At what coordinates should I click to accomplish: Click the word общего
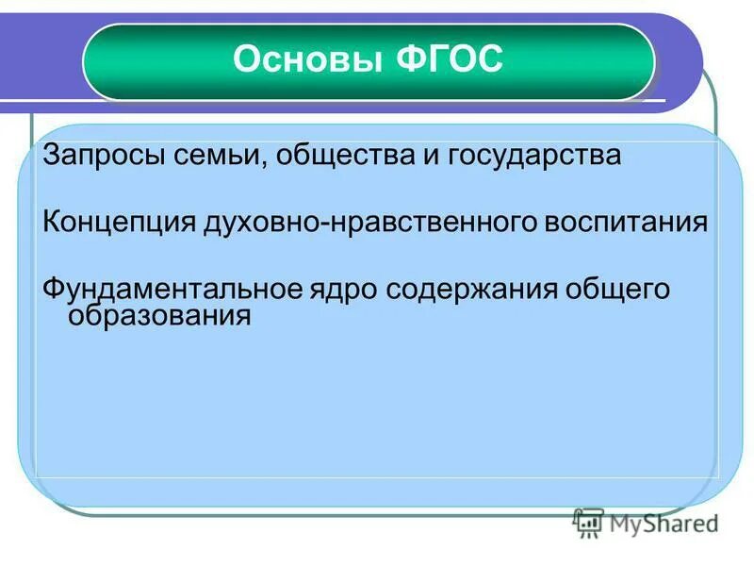point(618,289)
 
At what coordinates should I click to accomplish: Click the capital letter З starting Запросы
point(51,155)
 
